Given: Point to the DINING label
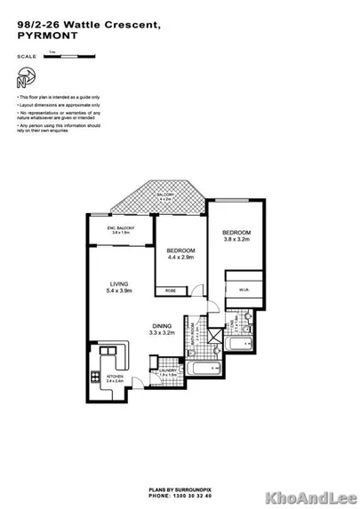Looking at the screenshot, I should tap(162, 325).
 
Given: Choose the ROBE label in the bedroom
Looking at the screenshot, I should tap(169, 290).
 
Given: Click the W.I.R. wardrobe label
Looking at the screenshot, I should tap(241, 287).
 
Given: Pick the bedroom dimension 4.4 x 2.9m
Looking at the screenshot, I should tap(181, 257).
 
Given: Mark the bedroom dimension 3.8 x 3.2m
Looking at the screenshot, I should tap(236, 239).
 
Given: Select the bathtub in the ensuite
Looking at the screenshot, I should tap(240, 342).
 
